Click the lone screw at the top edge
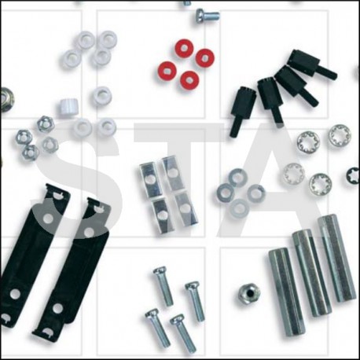[x=208, y=15]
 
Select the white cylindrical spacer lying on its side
[x=68, y=107]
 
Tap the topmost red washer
[x=184, y=48]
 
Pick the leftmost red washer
[x=167, y=71]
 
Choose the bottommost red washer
[x=189, y=79]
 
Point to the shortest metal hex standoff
[x=288, y=292]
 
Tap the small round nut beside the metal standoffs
[x=249, y=292]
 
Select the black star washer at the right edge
[x=353, y=176]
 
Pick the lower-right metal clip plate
[x=186, y=209]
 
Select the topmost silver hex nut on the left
[x=46, y=123]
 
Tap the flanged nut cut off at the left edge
[x=4, y=98]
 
